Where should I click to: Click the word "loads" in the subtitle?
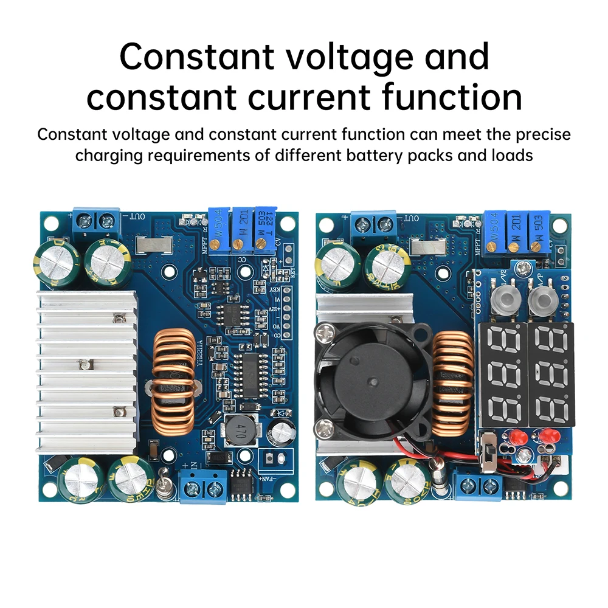511,155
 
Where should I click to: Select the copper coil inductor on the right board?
453,380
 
